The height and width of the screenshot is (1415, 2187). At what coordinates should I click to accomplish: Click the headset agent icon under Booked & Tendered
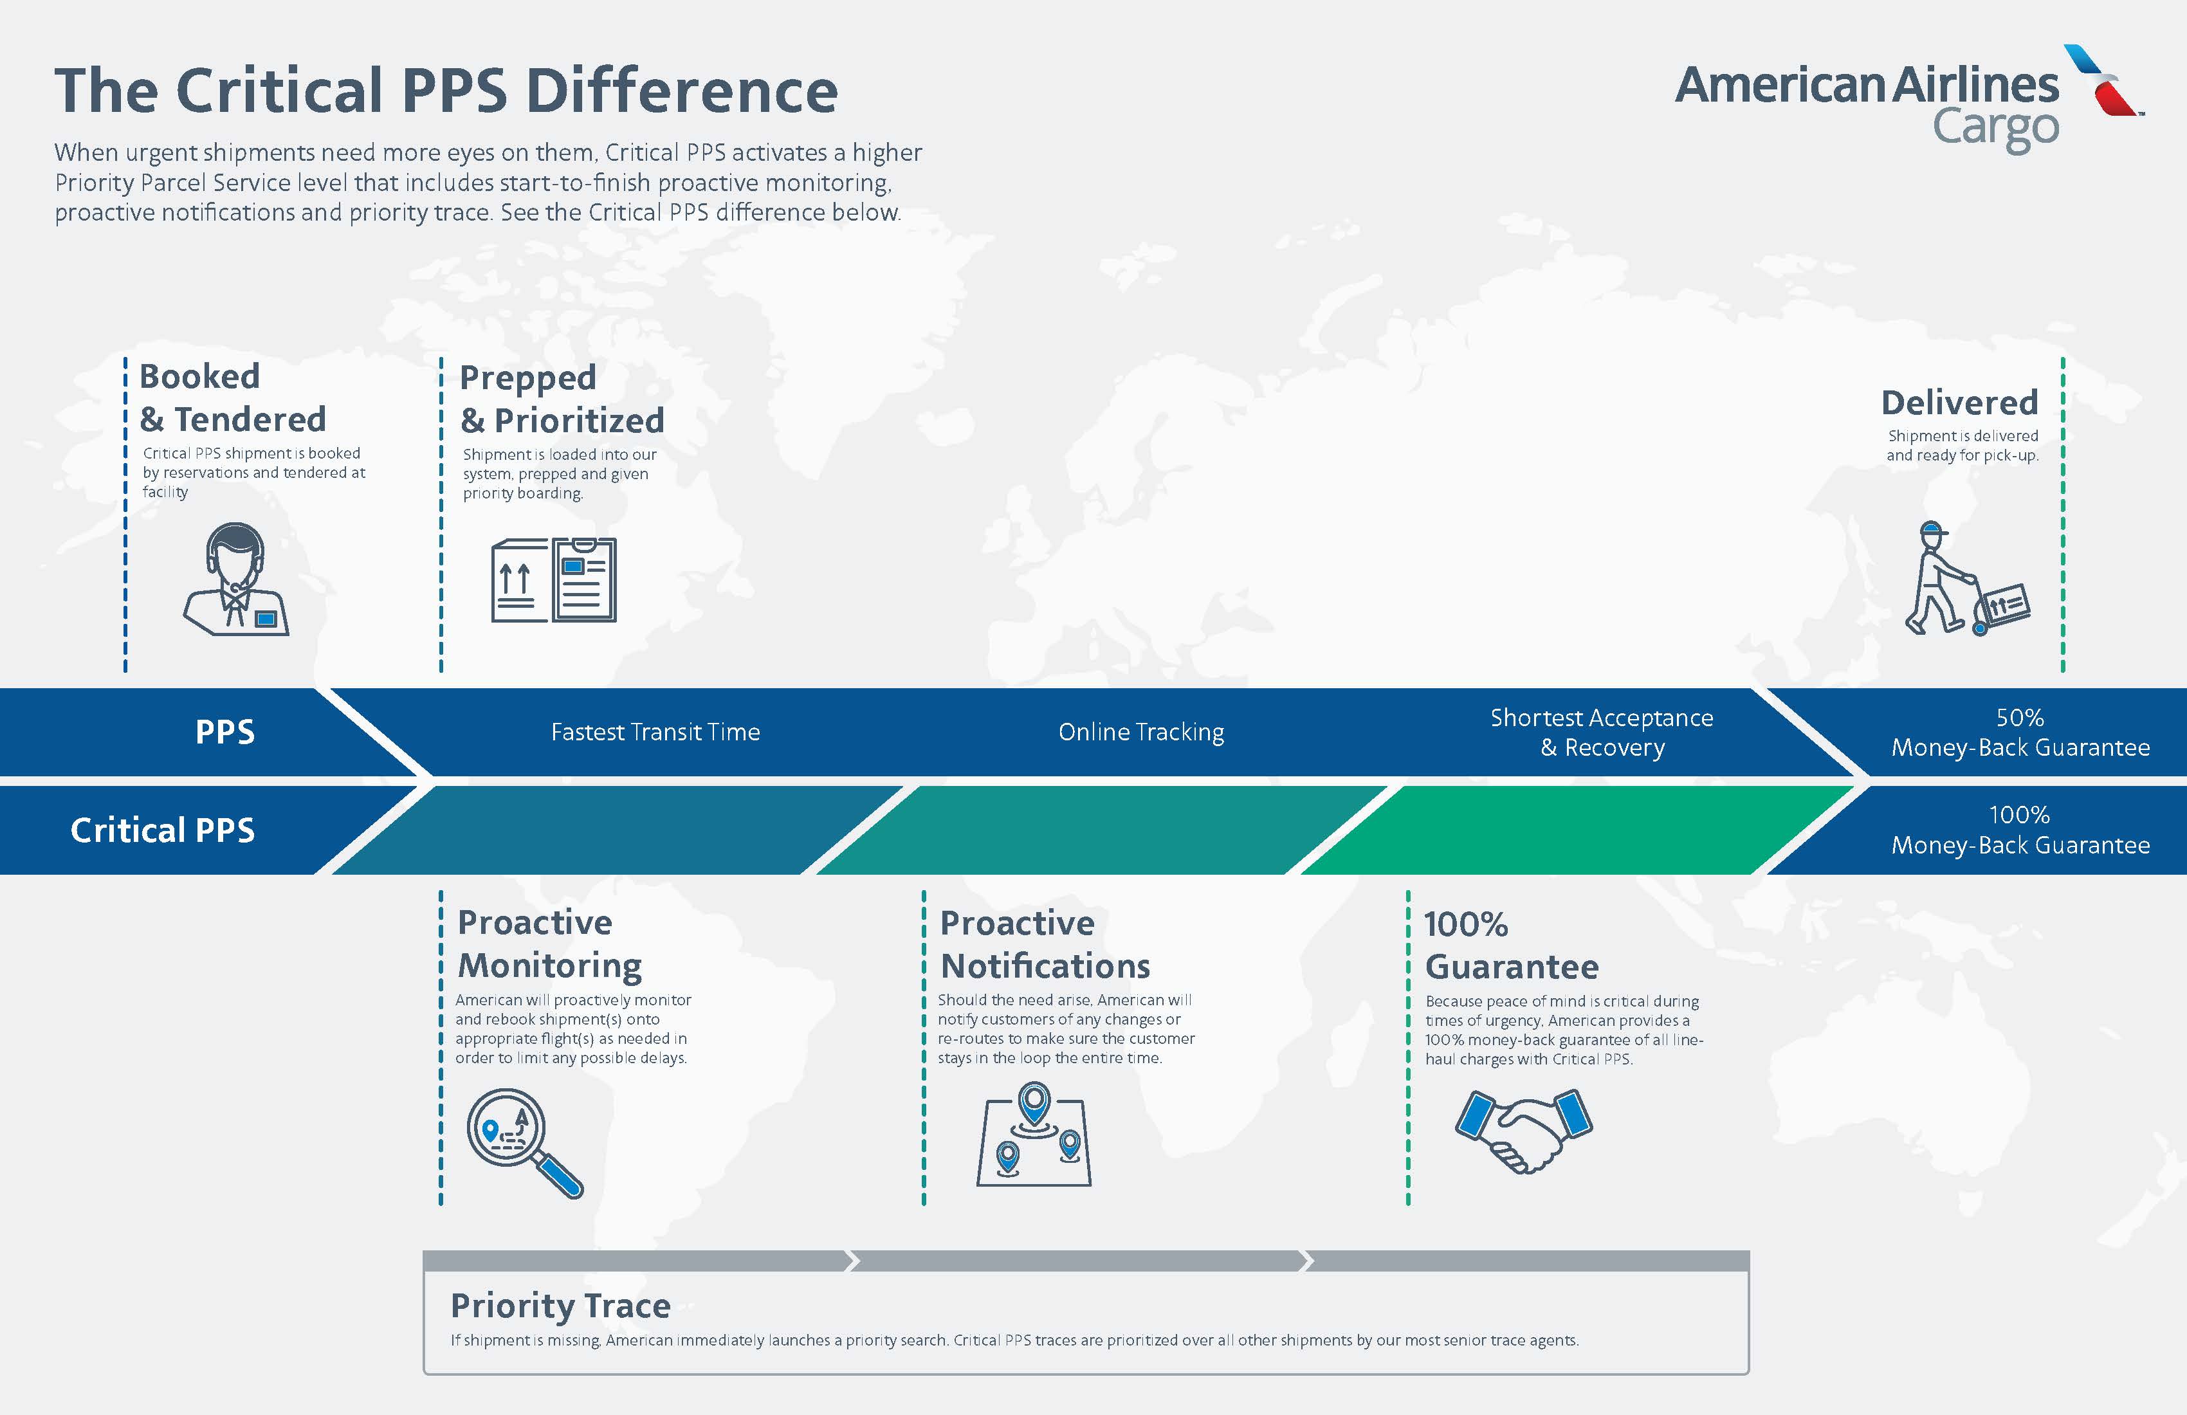pyautogui.click(x=236, y=579)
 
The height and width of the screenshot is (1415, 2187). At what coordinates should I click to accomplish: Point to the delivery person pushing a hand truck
pyautogui.click(x=1966, y=579)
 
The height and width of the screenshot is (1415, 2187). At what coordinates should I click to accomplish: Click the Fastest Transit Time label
pyautogui.click(x=655, y=733)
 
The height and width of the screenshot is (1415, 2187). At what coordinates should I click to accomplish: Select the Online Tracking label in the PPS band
pyautogui.click(x=1141, y=733)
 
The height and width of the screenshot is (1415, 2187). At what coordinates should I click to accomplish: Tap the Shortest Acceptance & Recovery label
pyautogui.click(x=1602, y=733)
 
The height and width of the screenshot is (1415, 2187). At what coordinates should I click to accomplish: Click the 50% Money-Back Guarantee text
pyautogui.click(x=2020, y=733)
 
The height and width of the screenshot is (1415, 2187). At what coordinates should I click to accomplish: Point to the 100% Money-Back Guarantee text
pyautogui.click(x=2020, y=830)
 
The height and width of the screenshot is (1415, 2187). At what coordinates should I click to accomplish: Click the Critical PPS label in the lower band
pyautogui.click(x=163, y=830)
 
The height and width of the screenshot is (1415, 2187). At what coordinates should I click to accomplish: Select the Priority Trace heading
pyautogui.click(x=560, y=1306)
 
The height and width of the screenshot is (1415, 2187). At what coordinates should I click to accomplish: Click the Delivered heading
pyautogui.click(x=1959, y=403)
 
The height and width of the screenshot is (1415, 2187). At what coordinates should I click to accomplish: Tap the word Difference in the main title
pyautogui.click(x=681, y=90)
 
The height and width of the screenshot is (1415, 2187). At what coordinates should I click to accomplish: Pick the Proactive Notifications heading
pyautogui.click(x=1045, y=945)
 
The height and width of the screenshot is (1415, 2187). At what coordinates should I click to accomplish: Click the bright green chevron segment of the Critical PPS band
pyautogui.click(x=1577, y=830)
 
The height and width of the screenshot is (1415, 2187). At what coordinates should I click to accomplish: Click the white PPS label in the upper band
pyautogui.click(x=225, y=733)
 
